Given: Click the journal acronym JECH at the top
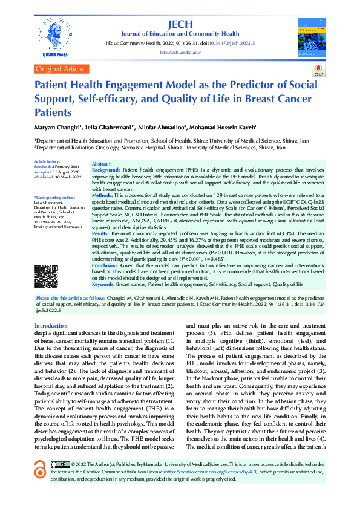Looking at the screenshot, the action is (180, 24).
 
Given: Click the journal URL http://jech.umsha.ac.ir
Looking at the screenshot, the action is (180, 53).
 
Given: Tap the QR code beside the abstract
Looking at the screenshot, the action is (47, 277).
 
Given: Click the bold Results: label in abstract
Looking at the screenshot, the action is (100, 233).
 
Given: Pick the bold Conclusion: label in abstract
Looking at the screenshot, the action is (105, 265).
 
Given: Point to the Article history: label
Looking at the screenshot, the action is (47, 162).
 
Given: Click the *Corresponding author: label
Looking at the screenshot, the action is (54, 197).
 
